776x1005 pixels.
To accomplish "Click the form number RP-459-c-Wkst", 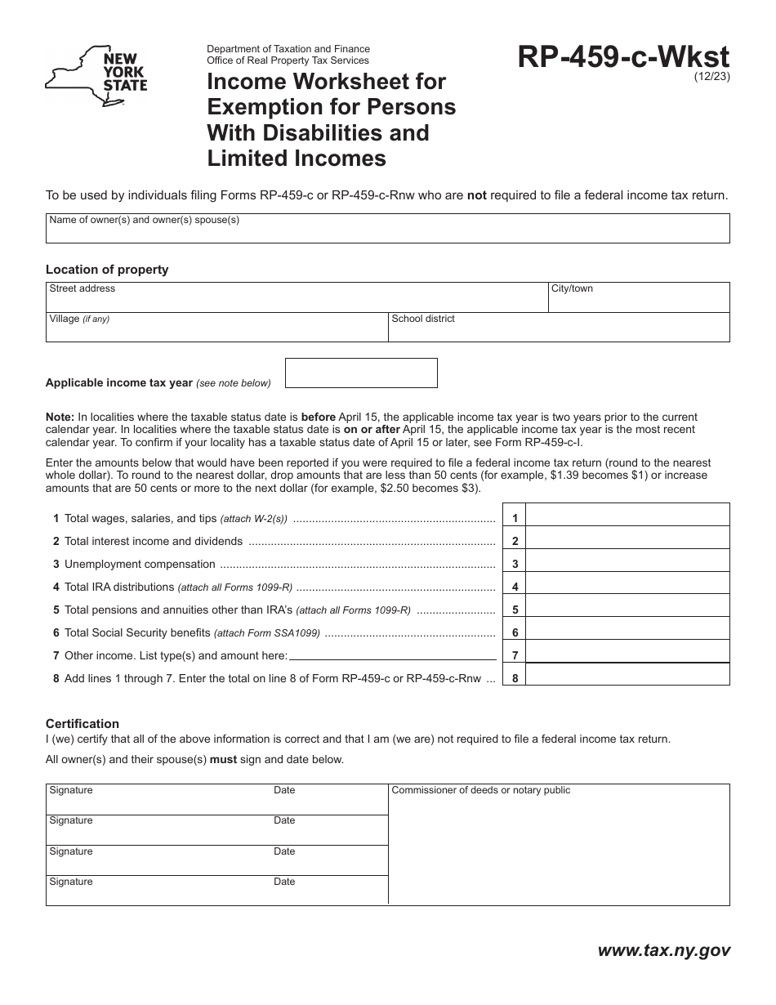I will coord(623,58).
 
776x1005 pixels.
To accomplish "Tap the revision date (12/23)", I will coord(712,78).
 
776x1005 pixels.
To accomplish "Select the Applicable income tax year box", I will coord(360,373).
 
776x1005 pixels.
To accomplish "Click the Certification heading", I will coord(83,723).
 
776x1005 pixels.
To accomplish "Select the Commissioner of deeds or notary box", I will coord(558,845).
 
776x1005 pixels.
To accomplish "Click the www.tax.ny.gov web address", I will coord(663,950).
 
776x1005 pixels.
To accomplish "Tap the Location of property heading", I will coord(107,270).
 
